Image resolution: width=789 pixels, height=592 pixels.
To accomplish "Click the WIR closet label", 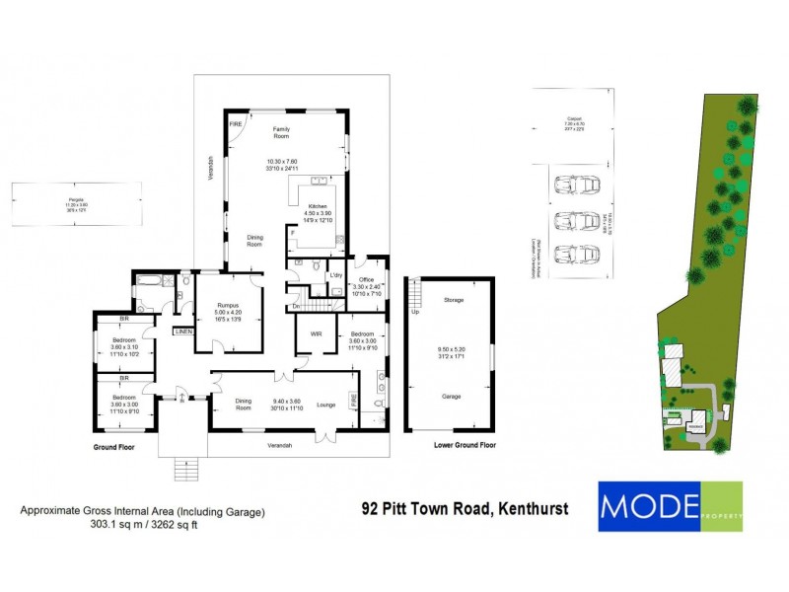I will tap(317, 335).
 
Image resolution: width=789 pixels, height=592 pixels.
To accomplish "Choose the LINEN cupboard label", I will tap(183, 332).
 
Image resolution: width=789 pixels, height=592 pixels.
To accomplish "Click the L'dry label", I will tap(335, 275).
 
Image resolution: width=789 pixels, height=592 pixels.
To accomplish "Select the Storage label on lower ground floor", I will tap(453, 300).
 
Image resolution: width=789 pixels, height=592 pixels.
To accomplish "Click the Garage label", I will tap(453, 397).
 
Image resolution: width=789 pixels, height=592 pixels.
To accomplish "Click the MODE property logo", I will tap(671, 506).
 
